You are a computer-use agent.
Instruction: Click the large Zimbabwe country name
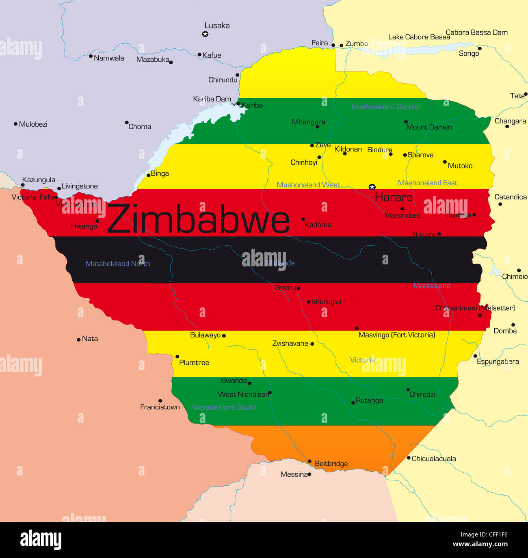(198, 219)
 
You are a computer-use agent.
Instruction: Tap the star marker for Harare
(372, 187)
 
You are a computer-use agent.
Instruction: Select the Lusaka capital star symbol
(205, 34)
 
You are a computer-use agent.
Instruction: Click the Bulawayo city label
(205, 335)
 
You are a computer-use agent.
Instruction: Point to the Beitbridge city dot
(309, 461)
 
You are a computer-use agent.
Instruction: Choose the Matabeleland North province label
(118, 264)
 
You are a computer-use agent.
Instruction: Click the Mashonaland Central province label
(385, 107)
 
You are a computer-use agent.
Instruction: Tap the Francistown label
(160, 407)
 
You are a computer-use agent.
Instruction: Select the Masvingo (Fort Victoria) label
(396, 335)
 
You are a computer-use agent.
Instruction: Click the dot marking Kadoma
(303, 219)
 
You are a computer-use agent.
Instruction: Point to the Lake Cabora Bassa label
(419, 37)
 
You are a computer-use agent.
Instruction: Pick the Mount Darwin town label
(429, 127)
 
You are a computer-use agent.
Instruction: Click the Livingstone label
(80, 186)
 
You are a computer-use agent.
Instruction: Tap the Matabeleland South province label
(224, 407)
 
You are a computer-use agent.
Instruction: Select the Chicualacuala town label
(434, 459)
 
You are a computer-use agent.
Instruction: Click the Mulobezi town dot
(15, 124)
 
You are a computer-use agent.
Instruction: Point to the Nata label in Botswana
(90, 339)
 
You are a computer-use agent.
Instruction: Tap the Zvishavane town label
(290, 344)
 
